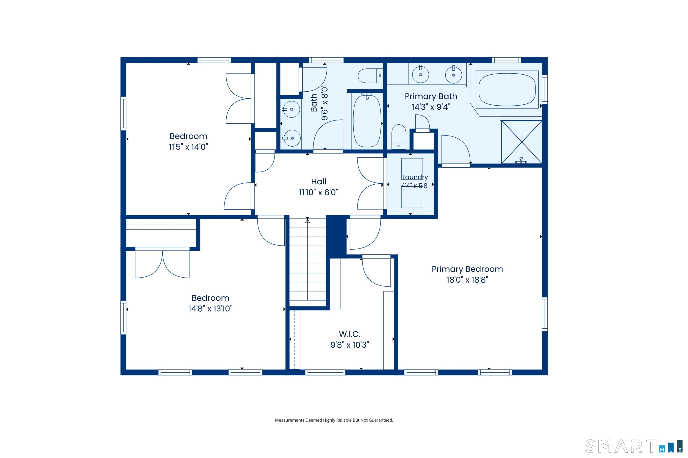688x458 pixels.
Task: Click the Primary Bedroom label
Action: coord(467,269)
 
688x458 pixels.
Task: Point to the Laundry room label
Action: coord(415,177)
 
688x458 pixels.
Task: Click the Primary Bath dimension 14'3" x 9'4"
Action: coord(431,107)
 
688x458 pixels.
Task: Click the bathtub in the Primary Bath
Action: coord(507,90)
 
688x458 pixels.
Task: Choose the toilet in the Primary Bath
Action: coord(399,137)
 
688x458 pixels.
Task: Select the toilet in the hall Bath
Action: coord(370,76)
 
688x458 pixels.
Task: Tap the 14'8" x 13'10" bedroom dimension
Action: coord(210,309)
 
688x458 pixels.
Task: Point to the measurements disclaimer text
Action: coord(334,420)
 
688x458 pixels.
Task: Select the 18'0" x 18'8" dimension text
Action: coord(467,280)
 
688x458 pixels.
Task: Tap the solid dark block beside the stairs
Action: coord(336,236)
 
